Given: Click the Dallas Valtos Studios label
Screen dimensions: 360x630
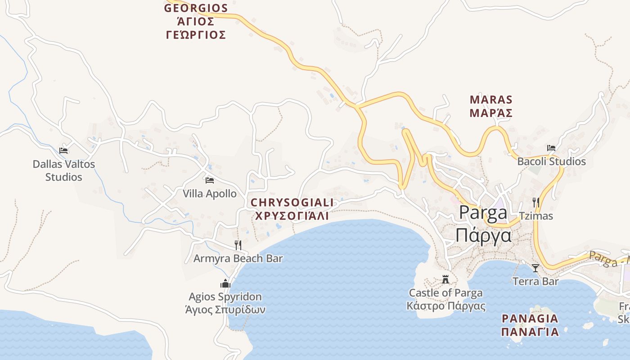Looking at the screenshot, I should click(x=64, y=171).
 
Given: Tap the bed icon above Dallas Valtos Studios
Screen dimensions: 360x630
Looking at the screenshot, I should click(x=63, y=150).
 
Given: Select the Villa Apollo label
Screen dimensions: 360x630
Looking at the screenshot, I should click(x=209, y=193).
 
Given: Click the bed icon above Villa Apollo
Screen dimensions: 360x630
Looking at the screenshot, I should click(x=209, y=180).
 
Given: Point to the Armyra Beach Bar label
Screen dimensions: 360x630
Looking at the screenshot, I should click(x=238, y=258).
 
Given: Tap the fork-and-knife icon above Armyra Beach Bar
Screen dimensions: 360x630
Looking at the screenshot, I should click(x=238, y=245).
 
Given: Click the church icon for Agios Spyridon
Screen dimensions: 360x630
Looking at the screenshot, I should click(x=225, y=283).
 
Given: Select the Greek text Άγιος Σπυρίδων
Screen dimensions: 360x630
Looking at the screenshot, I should click(x=225, y=310).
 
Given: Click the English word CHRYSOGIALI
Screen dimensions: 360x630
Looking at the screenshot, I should click(x=292, y=203).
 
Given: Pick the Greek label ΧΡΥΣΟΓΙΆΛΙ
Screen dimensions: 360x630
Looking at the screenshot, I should click(x=292, y=216).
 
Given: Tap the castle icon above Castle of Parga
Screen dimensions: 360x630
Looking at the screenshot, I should click(x=445, y=279).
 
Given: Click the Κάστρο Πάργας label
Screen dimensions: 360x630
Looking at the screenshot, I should click(x=445, y=306).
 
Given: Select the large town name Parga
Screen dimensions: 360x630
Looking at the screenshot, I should click(x=483, y=213).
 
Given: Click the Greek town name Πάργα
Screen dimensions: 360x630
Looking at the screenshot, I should click(x=484, y=235).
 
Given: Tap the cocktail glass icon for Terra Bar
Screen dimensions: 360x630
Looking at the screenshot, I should click(x=535, y=268).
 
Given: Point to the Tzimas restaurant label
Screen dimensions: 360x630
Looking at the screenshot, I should click(x=535, y=216).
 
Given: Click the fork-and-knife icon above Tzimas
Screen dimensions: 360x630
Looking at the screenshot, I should click(x=535, y=202).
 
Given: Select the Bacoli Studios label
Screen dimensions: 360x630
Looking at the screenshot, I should click(x=551, y=161).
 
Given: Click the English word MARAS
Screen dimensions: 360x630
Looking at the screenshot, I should click(x=491, y=99).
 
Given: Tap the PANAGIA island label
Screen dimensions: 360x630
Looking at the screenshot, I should click(x=530, y=319).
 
